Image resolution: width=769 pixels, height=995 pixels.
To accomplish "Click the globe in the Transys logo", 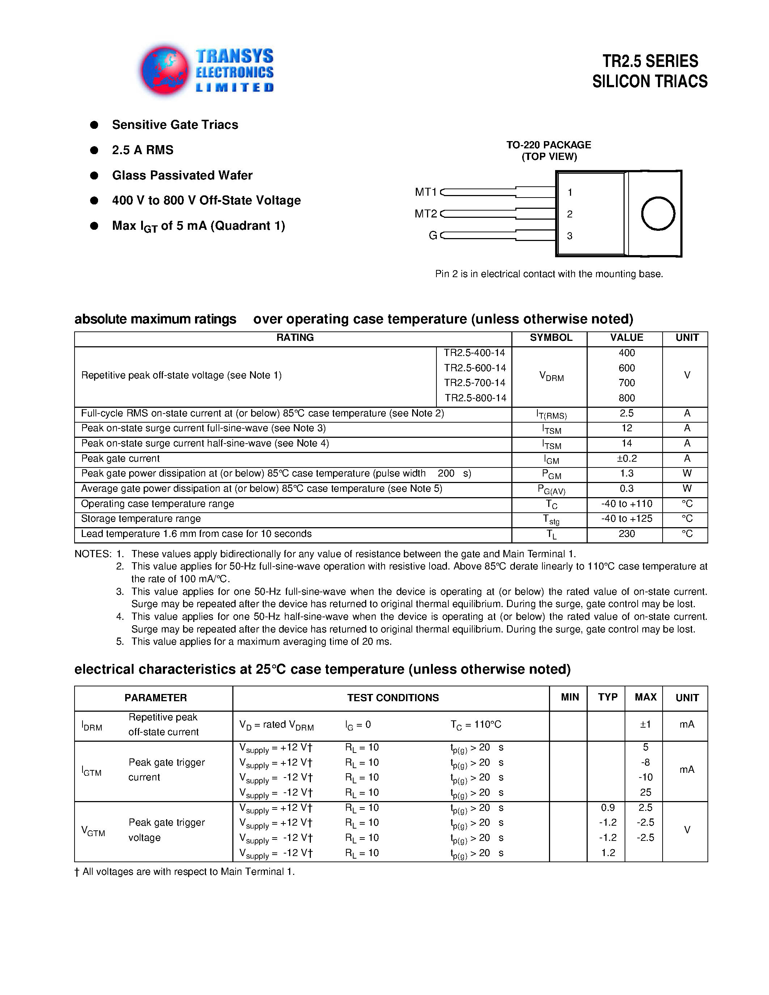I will [164, 70].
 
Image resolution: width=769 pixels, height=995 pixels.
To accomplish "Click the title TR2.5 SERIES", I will [650, 61].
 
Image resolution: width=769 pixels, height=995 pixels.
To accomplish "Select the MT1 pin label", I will [426, 192].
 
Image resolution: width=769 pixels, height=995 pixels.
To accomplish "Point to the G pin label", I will [433, 236].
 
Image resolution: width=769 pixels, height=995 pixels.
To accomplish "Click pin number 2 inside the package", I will [570, 214].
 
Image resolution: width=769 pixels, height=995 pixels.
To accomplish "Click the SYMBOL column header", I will [550, 338].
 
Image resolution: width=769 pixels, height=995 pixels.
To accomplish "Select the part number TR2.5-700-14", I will [475, 383].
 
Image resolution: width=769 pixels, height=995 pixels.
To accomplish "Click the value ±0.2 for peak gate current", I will [626, 459].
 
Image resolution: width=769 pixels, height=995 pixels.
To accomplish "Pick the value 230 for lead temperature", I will [626, 534].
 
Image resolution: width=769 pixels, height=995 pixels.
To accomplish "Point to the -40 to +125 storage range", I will [626, 519].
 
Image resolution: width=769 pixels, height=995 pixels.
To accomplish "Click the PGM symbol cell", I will [551, 474].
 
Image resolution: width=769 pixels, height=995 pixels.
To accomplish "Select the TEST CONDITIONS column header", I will [393, 698].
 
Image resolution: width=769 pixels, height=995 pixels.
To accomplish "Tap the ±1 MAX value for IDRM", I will [645, 724].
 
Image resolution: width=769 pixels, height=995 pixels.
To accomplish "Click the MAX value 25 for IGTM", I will [645, 792].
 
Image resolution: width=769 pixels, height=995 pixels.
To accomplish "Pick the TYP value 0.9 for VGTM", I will [608, 808].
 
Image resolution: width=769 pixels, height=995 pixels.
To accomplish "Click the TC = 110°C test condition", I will [476, 724].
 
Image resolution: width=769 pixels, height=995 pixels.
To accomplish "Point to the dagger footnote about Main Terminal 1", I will [185, 872].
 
